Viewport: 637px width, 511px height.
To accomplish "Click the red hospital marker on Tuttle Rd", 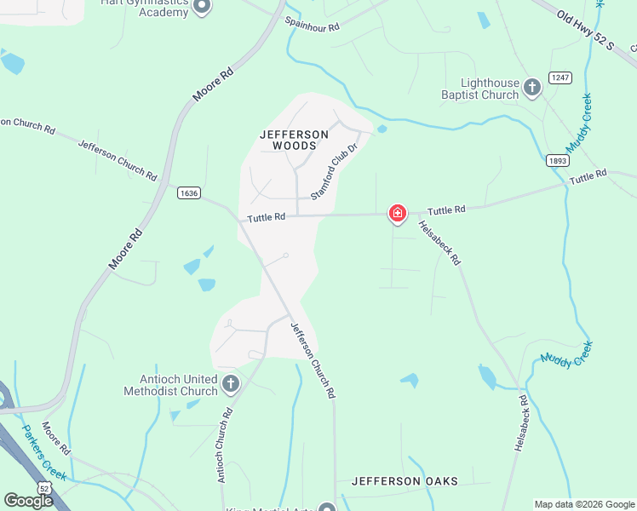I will pos(397,213).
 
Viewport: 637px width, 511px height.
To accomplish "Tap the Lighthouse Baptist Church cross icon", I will pos(532,86).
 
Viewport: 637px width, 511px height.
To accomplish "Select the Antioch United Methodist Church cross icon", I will pos(230,384).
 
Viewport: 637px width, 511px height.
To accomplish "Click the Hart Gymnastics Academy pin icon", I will pos(202,8).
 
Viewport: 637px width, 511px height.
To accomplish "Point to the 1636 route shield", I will pos(189,193).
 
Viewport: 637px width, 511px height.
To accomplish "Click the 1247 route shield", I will pos(560,78).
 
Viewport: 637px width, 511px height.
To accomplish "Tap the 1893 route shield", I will pos(557,160).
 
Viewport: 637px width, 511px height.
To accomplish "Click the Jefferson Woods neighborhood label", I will pos(294,140).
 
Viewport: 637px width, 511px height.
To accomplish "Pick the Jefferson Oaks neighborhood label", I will pos(405,481).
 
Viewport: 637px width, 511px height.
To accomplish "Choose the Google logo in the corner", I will pos(28,500).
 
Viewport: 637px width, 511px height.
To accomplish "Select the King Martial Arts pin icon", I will pos(327,508).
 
